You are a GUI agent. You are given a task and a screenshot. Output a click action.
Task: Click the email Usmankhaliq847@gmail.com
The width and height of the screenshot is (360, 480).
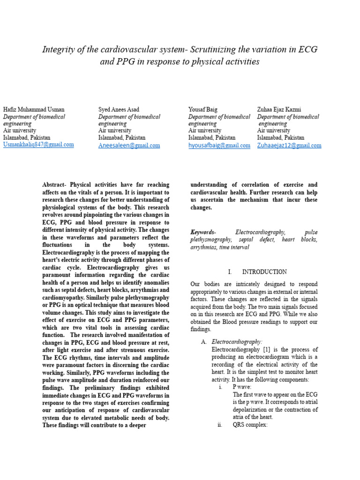click(38, 145)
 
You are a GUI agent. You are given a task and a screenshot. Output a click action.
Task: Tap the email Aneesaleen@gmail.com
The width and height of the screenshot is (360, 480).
click(129, 146)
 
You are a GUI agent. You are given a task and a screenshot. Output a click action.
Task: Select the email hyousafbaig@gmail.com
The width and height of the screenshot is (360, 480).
click(219, 146)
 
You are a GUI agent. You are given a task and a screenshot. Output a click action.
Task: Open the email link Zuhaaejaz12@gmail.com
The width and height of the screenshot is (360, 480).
click(289, 146)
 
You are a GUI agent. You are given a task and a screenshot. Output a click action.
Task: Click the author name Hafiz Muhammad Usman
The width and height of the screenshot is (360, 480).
click(34, 110)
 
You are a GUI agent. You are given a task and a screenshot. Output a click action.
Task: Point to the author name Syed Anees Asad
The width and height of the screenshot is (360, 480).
click(119, 110)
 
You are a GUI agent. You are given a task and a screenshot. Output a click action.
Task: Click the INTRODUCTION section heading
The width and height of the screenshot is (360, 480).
click(264, 272)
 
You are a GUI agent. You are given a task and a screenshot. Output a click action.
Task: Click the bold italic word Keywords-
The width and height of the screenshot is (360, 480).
click(203, 232)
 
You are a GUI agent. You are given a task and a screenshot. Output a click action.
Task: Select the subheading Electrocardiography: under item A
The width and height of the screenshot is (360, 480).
click(237, 342)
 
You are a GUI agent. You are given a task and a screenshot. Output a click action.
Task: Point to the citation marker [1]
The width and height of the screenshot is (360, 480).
click(267, 350)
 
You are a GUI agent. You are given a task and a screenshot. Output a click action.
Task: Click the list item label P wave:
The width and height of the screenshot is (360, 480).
click(242, 387)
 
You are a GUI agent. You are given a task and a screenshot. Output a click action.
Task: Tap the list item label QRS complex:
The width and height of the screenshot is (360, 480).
click(250, 425)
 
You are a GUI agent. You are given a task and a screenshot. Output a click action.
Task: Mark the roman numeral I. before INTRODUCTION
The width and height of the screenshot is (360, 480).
click(230, 272)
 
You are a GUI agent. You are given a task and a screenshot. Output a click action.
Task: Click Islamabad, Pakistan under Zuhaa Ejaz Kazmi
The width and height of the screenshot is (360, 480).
click(280, 138)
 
